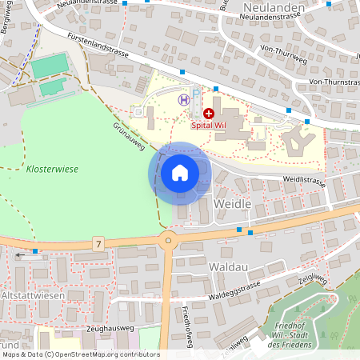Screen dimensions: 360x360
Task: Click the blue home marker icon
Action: (179, 173)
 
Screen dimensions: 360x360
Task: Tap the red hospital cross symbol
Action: (210, 114)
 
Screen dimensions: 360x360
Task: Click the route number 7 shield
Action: (98, 243)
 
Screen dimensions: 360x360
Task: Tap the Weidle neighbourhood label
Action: (234, 205)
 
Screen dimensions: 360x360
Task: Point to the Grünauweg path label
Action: (128, 135)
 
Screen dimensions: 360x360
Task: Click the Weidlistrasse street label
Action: (305, 182)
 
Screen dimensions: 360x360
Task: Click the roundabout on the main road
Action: (168, 239)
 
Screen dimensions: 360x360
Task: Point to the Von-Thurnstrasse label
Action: (337, 82)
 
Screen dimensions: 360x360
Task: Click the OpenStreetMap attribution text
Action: (80, 354)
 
